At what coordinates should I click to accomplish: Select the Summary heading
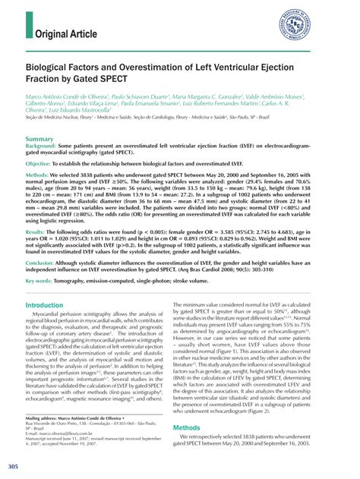(x=39, y=140)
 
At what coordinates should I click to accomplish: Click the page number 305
(x=13, y=464)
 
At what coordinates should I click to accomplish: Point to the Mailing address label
(x=45, y=417)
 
